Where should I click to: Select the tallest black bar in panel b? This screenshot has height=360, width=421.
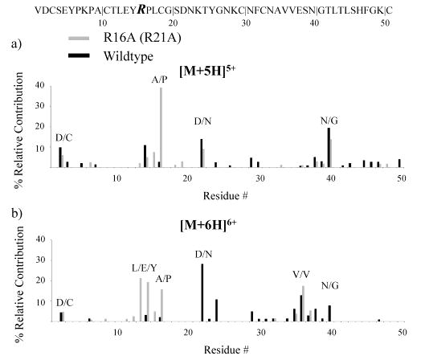pyautogui.click(x=202, y=292)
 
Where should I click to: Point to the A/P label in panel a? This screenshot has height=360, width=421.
pyautogui.click(x=160, y=80)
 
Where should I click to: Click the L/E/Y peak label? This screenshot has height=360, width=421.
pyautogui.click(x=142, y=266)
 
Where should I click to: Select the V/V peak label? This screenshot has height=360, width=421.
pyautogui.click(x=302, y=273)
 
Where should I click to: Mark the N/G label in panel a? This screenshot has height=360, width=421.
pyautogui.click(x=329, y=120)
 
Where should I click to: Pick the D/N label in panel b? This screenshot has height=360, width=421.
pyautogui.click(x=203, y=255)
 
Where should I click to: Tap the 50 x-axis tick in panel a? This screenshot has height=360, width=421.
pyautogui.click(x=399, y=177)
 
